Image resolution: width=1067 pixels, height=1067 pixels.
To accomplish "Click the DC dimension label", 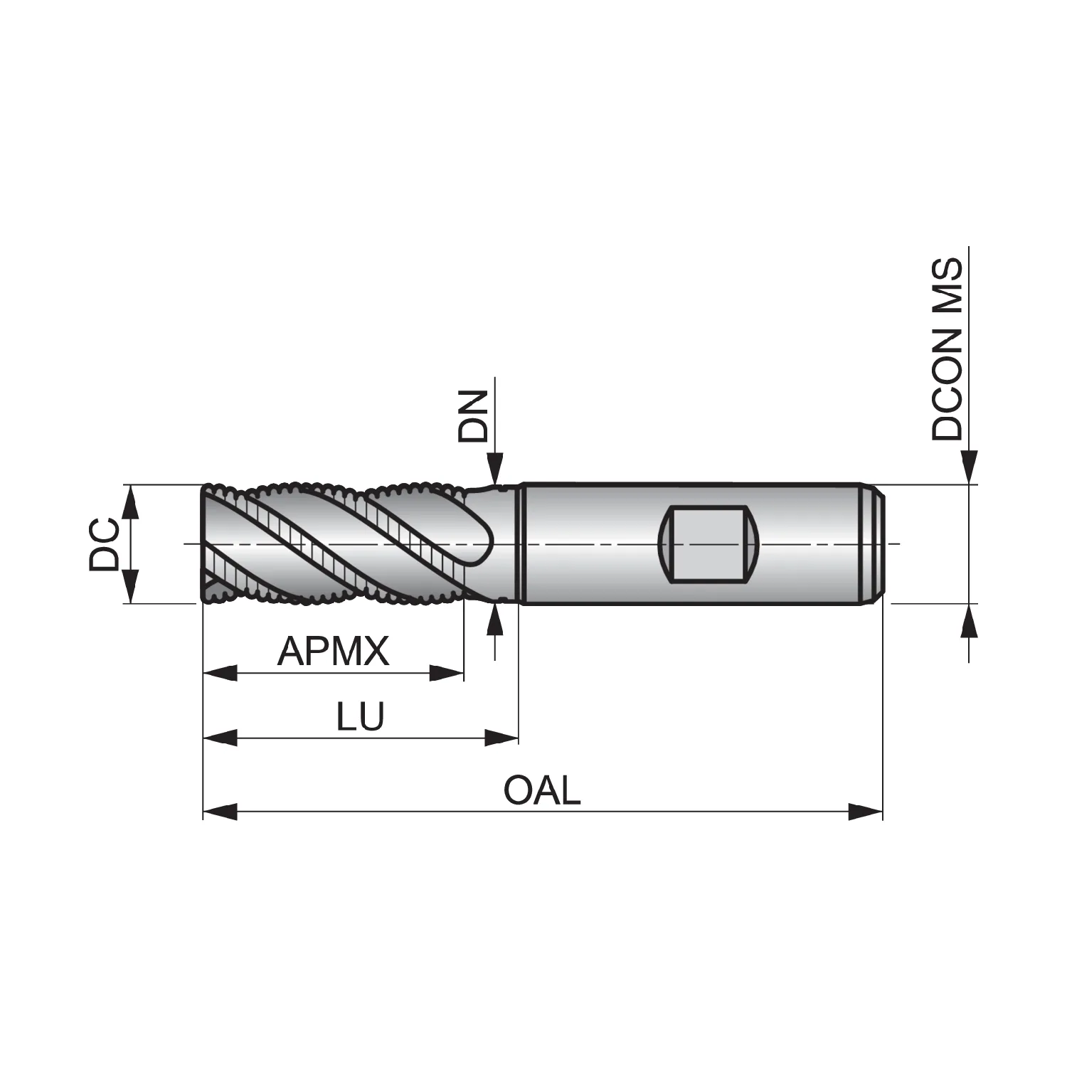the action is coord(104,544).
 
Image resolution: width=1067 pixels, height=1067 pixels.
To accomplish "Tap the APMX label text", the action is coord(334,650).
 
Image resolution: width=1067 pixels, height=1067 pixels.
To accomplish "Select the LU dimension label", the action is coord(361,716).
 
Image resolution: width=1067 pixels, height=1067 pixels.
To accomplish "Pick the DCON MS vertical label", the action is coord(947,349).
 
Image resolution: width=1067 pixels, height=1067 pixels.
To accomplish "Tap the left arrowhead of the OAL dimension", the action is coord(220,811).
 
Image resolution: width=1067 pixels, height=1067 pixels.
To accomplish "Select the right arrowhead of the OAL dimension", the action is coord(866,811).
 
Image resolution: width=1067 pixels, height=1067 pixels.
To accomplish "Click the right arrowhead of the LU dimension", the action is coord(501,738).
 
